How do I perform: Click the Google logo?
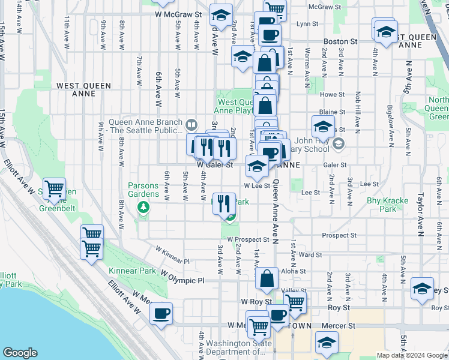point(20,353)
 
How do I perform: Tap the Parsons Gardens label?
point(143,190)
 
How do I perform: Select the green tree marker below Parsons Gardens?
point(143,208)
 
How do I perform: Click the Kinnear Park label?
point(128,271)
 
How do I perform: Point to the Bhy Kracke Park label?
point(388,205)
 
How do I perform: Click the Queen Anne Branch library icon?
point(191,125)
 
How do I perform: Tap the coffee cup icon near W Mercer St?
point(161,314)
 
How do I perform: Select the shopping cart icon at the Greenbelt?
point(55,190)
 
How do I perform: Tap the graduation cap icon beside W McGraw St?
point(221,16)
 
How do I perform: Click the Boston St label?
point(340,41)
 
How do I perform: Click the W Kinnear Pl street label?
point(172,254)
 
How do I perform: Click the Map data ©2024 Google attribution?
point(411,355)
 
